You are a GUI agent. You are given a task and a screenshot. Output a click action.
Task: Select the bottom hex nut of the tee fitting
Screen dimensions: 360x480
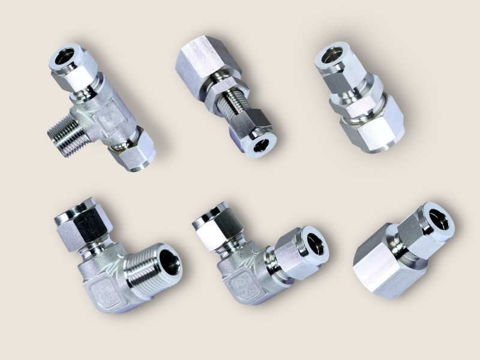coord(133,152)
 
